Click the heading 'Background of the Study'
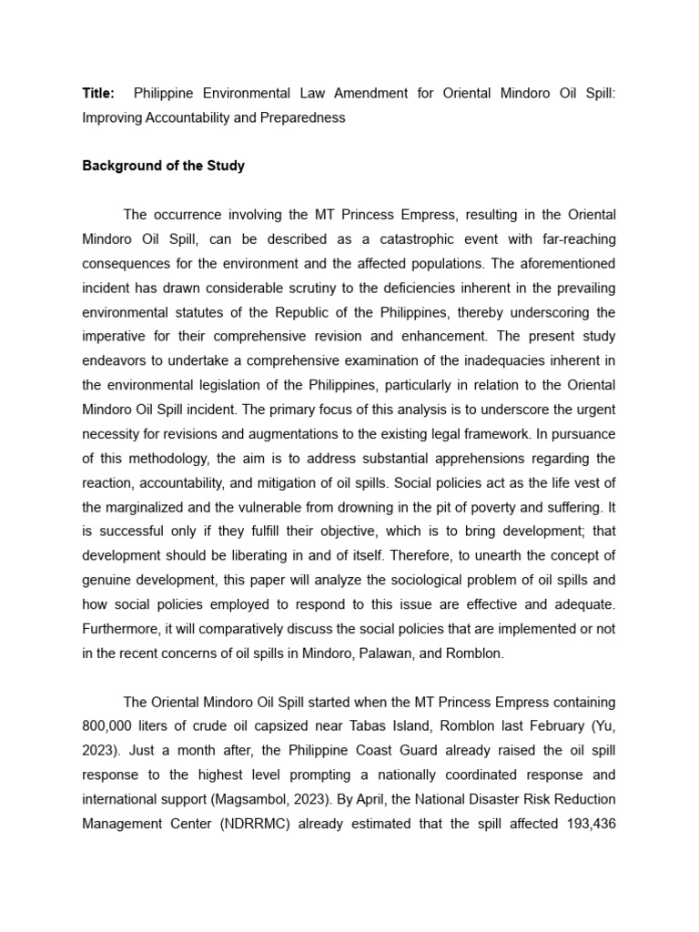[x=164, y=167]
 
